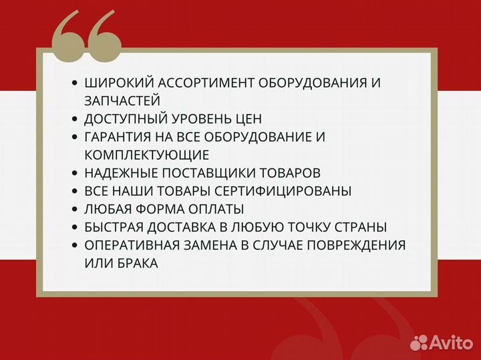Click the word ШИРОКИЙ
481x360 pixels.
[x=117, y=83]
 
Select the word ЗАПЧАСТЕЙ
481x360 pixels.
[x=122, y=101]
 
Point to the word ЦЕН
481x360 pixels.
[x=247, y=119]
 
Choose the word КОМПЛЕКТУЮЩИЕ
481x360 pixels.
[x=147, y=155]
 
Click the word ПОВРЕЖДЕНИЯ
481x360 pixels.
[x=355, y=245]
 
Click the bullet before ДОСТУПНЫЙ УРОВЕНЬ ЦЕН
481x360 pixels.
[x=74, y=119]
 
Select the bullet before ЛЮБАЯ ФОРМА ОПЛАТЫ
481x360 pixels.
[x=74, y=209]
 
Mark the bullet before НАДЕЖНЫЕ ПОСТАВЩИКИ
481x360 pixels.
[x=74, y=173]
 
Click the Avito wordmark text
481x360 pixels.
[x=452, y=343]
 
